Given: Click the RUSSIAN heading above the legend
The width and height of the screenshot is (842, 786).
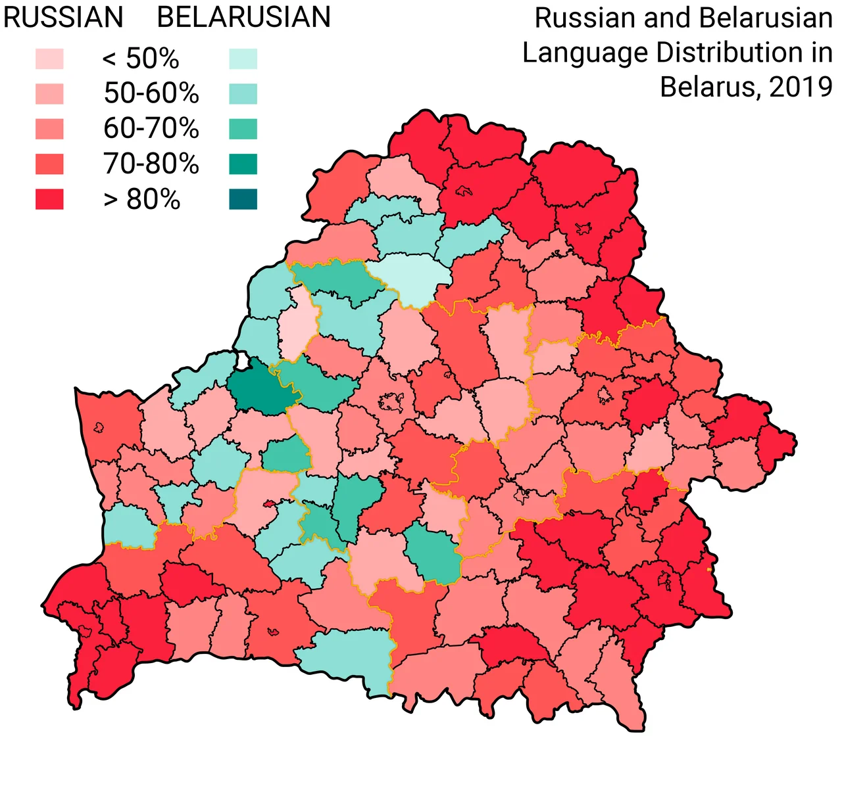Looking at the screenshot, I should pos(63,18).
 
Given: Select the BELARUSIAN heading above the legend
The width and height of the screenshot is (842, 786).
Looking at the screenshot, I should pos(243,18).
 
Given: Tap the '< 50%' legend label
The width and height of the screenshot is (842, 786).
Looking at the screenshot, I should pos(141,59).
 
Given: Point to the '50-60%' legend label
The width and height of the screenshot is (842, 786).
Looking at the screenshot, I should pos(151,94).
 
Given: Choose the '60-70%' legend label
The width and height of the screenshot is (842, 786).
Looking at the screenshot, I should pos(151,129).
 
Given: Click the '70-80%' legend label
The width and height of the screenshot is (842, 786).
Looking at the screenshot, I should pos(151,164).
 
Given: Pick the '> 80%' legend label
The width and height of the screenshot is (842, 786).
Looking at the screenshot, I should pos(141,199).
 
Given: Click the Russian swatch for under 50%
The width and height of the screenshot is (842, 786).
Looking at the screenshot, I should pos(49,59).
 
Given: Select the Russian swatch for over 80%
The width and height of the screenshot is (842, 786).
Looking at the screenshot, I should pos(49,199).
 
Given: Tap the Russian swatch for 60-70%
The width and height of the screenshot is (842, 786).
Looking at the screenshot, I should pos(49,129).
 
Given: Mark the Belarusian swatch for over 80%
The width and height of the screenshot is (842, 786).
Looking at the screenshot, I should pos(243,199).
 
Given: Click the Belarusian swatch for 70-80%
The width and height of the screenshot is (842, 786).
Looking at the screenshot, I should pos(243,164).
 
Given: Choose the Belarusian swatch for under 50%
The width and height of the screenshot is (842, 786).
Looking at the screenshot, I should pos(243,59).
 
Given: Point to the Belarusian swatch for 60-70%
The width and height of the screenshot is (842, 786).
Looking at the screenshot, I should pos(243,129).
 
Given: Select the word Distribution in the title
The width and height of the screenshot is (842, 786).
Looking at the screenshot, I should pos(723,53).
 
